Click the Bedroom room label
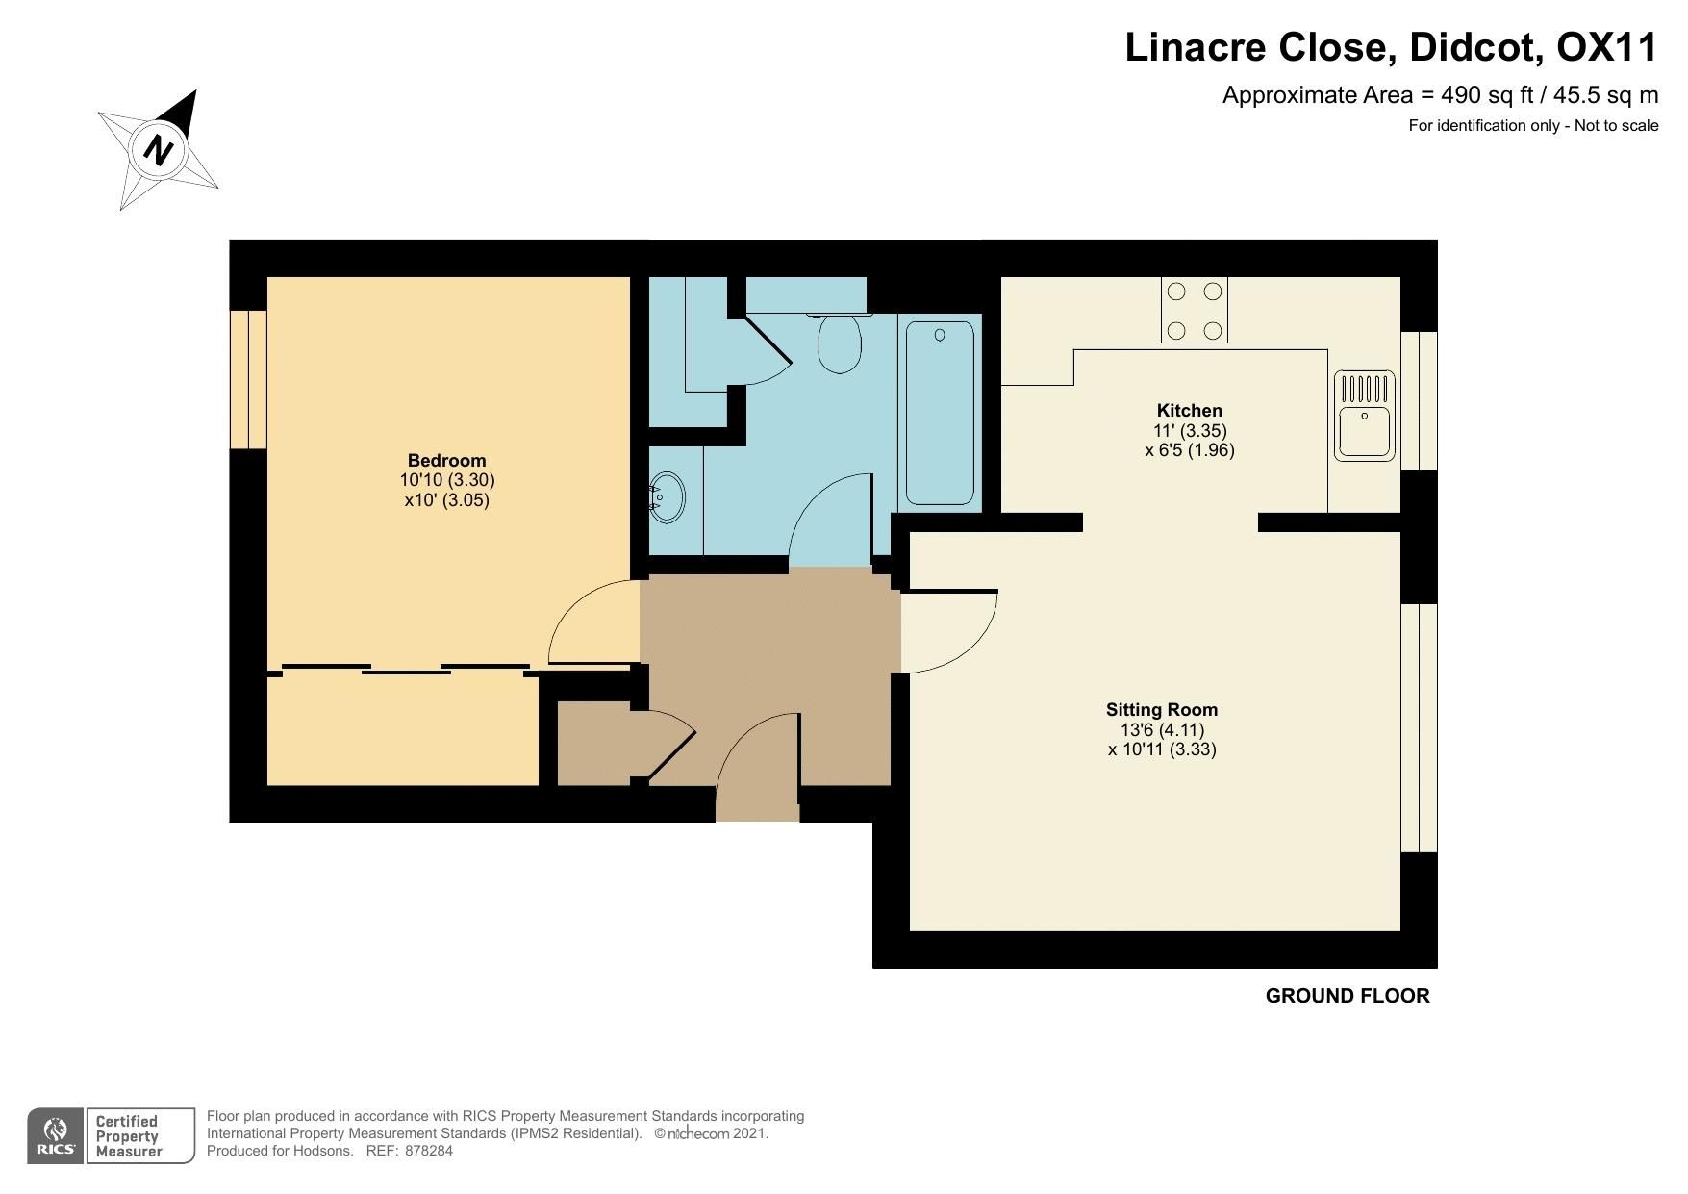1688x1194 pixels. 446,461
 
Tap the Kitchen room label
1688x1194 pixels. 1189,411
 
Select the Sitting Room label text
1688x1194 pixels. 1161,710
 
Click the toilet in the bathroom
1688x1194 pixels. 840,344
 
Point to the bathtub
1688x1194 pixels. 940,413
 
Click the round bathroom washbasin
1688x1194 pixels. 667,496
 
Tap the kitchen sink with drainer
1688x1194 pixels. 1364,415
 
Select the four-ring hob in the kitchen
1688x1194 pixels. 1194,310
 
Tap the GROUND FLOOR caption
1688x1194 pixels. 1347,997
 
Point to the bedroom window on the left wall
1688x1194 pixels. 248,379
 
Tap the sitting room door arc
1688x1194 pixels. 947,630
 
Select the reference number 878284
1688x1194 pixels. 429,1151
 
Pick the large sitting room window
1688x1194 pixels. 1419,727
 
